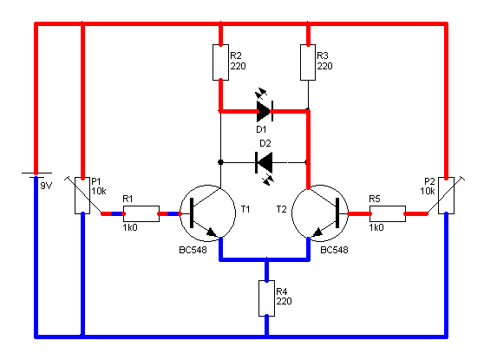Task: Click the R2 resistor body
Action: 220,62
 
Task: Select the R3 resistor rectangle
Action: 308,62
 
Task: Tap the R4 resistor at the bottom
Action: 266,298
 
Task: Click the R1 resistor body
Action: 141,213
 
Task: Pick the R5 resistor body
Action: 388,213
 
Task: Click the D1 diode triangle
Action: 264,111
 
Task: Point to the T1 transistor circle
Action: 207,186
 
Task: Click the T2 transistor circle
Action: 320,186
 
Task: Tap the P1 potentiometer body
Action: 82,195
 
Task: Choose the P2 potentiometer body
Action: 447,195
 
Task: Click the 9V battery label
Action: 46,186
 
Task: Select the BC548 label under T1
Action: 193,250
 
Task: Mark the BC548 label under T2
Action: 334,250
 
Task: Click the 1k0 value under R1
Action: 130,227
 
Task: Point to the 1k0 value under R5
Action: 376,227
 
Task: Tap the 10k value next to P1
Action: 99,191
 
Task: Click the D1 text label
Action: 261,129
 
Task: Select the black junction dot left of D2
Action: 220,162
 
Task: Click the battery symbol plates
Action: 36,175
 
